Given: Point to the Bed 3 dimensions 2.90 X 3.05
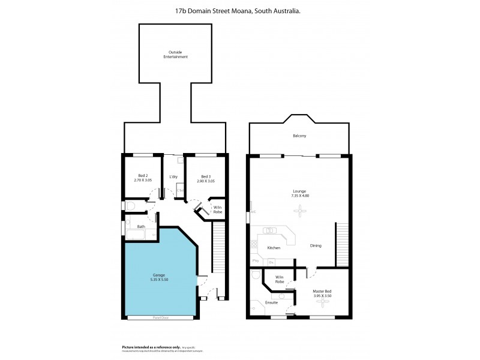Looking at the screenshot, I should point(205,181).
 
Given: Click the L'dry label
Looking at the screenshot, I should point(173,176).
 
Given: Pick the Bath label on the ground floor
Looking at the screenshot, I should point(141,226).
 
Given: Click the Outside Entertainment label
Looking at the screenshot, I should point(175,55).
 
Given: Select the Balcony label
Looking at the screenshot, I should point(299,136).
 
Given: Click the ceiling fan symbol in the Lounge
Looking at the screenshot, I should point(298,210).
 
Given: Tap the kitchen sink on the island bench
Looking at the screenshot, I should point(270,230).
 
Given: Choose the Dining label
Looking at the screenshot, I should point(316,246).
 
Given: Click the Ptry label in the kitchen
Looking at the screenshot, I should point(256,261).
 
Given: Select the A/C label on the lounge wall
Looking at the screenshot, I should point(253,212).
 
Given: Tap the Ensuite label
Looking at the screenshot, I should point(272,303).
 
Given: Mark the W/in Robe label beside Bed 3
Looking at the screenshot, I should point(218,210).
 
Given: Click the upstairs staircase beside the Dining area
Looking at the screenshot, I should point(342,243).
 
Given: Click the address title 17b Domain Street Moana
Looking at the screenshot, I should point(240,10).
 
